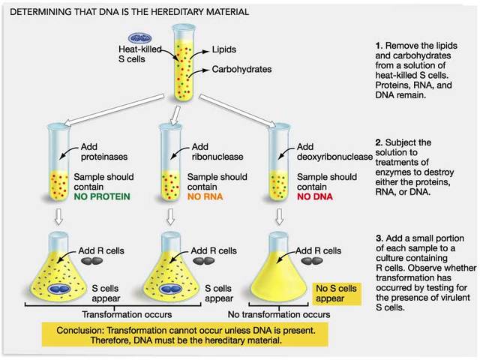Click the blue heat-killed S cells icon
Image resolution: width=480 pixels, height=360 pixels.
tap(139, 38)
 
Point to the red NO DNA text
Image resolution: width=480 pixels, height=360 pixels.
tap(313, 197)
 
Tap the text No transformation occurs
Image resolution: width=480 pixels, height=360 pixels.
tap(279, 315)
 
